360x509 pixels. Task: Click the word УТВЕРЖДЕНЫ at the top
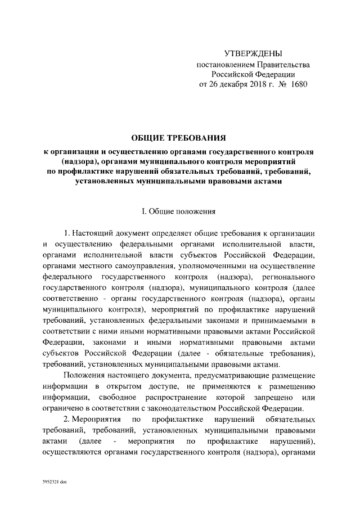tap(253, 54)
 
